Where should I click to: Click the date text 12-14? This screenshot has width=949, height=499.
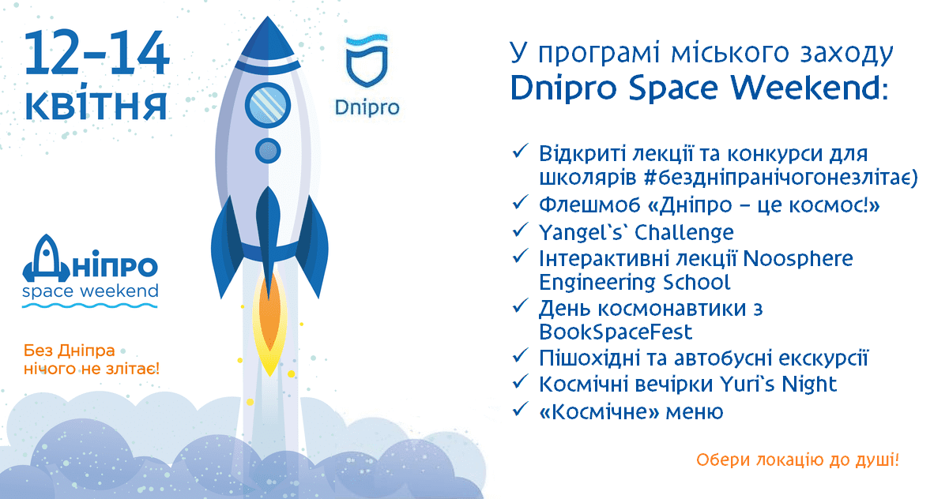96,55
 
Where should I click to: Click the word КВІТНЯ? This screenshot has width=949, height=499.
96,106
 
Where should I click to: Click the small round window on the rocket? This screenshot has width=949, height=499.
268,149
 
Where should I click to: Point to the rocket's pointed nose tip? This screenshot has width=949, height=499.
269,24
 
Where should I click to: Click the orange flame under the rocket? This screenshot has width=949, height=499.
268,320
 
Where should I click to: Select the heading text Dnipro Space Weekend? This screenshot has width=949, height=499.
699,87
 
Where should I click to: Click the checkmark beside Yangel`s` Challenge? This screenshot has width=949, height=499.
520,231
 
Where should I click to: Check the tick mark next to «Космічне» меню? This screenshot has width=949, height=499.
520,411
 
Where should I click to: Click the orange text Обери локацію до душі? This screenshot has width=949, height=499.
798,460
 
